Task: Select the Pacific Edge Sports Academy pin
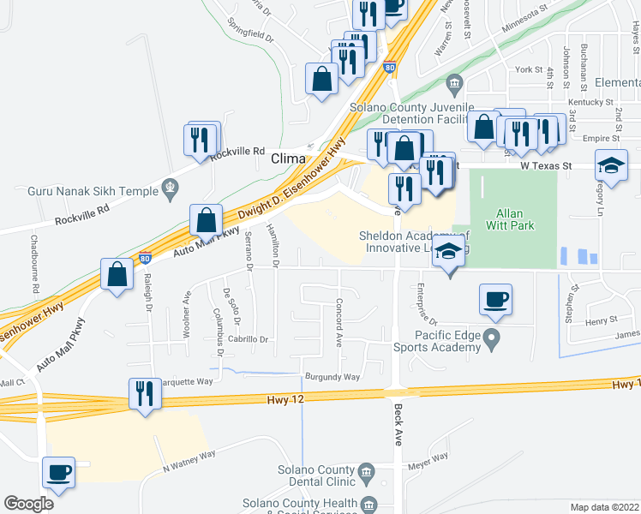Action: point(492,341)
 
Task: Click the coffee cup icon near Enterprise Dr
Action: point(495,301)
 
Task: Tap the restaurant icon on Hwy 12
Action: point(143,395)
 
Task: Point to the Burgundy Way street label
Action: point(332,377)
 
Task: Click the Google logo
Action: point(29,504)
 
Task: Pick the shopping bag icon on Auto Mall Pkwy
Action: point(207,221)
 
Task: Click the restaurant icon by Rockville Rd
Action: point(201,139)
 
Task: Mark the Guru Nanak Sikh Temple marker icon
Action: point(170,186)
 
